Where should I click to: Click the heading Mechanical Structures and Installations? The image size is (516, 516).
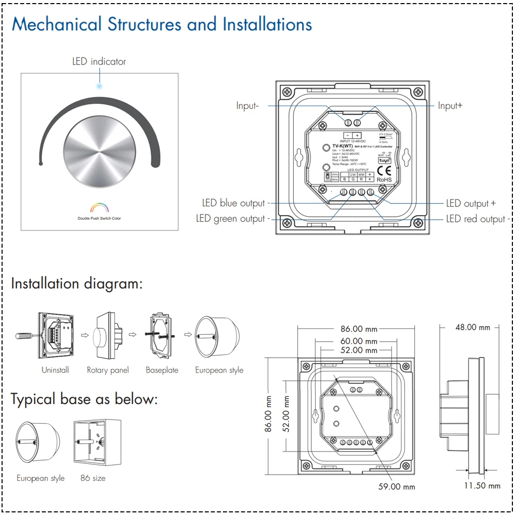[162, 24]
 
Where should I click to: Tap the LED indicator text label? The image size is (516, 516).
[99, 61]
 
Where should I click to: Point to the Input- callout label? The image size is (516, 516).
[247, 105]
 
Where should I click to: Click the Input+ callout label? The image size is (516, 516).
[450, 105]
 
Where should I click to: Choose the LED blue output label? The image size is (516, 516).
[233, 203]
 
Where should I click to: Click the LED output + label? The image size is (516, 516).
[471, 203]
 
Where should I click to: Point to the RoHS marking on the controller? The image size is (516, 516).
[384, 179]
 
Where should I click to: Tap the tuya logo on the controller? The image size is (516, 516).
[385, 160]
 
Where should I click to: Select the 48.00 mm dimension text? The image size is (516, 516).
[473, 327]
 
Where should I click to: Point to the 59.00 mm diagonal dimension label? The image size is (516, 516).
[396, 487]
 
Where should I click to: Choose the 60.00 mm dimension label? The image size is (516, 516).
[358, 341]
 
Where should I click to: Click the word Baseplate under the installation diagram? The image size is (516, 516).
[162, 370]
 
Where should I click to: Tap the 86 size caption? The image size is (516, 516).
[93, 478]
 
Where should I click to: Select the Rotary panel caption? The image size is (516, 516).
[108, 370]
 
